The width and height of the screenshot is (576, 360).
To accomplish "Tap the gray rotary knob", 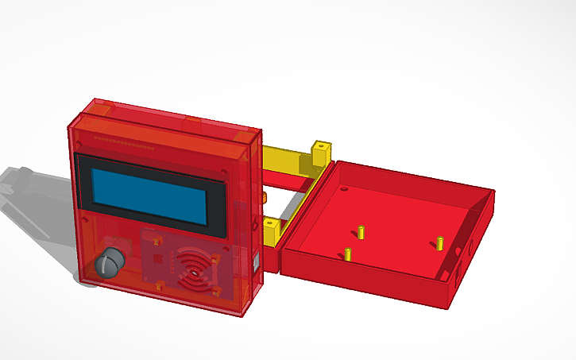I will pos(110,261).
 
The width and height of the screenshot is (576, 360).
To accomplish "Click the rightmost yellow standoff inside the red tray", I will pos(438,242).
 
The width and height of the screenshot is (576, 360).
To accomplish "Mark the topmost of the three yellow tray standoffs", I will pos(360,231).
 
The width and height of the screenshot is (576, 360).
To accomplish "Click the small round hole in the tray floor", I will pos(344,190).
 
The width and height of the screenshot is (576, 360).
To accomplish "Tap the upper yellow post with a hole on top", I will pos(320,151).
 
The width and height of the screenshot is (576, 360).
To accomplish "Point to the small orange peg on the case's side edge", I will pos(259,197).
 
